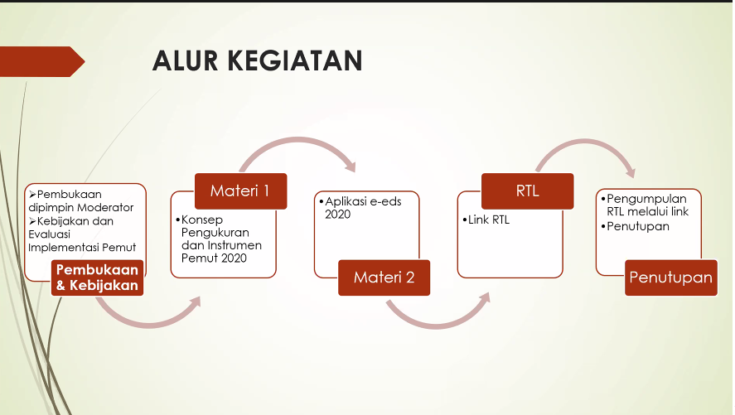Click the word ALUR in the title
[186, 61]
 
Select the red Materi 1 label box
[240, 191]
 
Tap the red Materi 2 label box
[384, 277]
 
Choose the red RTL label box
[527, 191]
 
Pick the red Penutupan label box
[671, 277]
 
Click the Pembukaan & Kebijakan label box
[97, 277]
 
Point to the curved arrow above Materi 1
[298, 141]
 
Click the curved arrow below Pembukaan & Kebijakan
[149, 323]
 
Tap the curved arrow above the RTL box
[585, 142]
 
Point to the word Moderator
[108, 207]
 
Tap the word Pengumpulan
[646, 199]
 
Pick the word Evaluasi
[49, 234]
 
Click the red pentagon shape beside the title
[42, 61]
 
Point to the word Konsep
[202, 220]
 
